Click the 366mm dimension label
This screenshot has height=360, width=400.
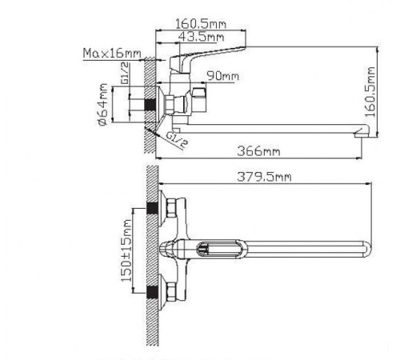click(258, 151)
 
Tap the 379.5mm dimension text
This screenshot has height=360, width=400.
click(264, 177)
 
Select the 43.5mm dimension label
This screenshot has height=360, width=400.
click(201, 37)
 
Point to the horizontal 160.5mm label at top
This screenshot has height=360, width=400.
click(201, 24)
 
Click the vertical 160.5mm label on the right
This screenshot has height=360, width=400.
click(370, 92)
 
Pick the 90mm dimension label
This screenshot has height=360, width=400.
click(223, 76)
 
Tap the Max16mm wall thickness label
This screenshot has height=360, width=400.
click(112, 53)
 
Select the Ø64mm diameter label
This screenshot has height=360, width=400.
click(103, 105)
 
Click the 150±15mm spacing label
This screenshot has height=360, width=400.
click(126, 250)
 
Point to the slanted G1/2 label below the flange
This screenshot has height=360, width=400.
click(177, 140)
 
